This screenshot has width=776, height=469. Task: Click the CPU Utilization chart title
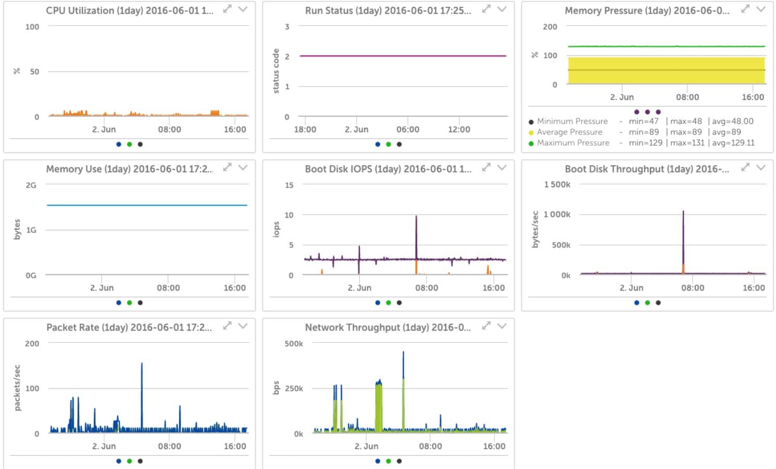pos(129,10)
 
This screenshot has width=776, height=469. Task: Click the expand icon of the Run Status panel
pos(486,9)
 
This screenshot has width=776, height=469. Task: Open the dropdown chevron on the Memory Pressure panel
pos(761,9)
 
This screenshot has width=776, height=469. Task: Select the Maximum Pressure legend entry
pos(573,143)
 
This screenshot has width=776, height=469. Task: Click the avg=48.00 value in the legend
pos(732,121)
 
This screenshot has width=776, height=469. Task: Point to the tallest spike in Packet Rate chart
pos(142,364)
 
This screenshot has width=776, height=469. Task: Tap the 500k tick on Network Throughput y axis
pos(294,343)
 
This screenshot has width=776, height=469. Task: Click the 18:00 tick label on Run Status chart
pos(305,129)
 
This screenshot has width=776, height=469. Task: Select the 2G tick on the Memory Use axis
pos(31,185)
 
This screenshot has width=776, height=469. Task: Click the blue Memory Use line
pos(146,205)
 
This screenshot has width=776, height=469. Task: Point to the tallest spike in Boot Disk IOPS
pos(416,217)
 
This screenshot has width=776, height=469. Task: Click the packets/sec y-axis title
pos(17,388)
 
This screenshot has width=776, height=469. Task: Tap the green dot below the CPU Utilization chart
pos(129,144)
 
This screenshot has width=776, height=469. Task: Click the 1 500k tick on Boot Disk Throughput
pos(557,184)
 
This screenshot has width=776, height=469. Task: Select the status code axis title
pos(276,71)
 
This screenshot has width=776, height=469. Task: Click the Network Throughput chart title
pos(387,327)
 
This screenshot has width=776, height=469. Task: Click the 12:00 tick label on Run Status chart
pos(459,129)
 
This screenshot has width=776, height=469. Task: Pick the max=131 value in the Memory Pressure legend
pos(687,143)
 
